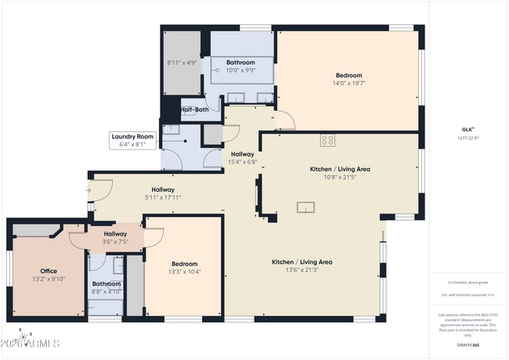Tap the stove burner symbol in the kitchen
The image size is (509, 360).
click(327, 141)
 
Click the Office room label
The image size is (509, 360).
click(49, 271)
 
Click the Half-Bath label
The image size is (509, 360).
click(194, 110)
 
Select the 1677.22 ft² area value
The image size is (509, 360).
click(467, 137)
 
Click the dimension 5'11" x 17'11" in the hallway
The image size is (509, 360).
click(163, 197)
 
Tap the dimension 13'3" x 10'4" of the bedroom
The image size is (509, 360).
click(185, 272)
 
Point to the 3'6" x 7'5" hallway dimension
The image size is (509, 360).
click(116, 242)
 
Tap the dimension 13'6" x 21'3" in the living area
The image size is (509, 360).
click(302, 270)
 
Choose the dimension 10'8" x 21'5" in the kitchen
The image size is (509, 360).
click(341, 177)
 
